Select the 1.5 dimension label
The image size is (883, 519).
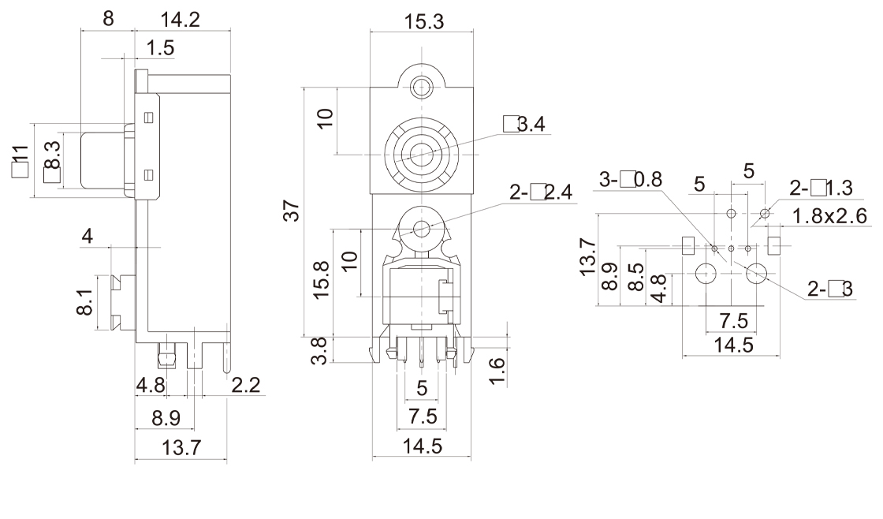click(161, 49)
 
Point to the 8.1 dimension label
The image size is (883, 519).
click(85, 301)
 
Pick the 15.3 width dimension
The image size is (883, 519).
click(423, 22)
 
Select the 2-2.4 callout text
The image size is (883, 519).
click(542, 192)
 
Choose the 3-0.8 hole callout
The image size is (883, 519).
click(630, 180)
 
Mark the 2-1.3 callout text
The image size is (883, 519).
click(821, 188)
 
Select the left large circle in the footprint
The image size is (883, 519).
click(706, 274)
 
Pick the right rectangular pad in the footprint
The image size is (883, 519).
click(774, 245)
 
